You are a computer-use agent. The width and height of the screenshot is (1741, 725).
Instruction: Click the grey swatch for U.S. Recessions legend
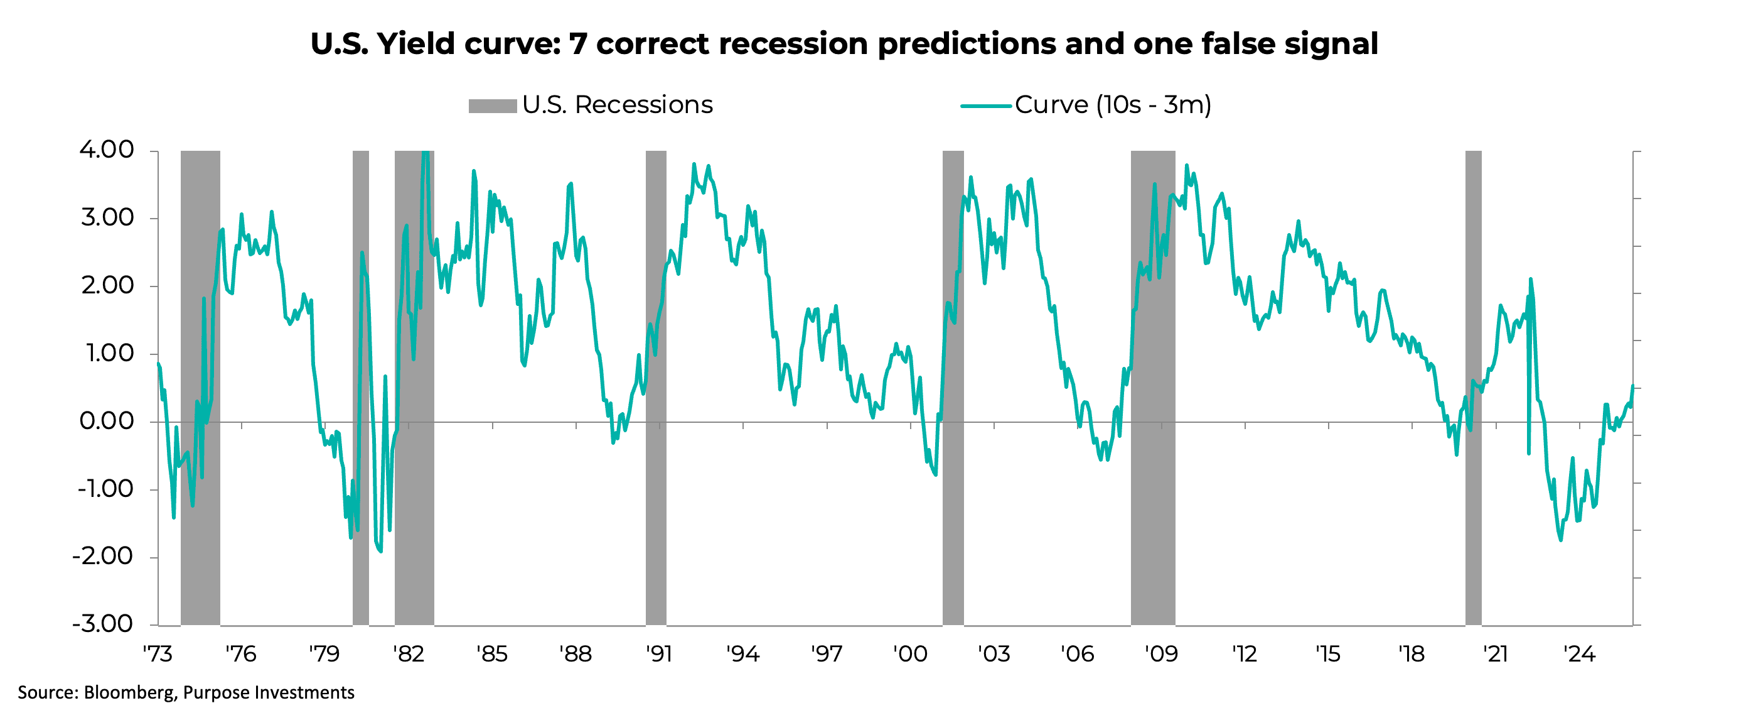(492, 106)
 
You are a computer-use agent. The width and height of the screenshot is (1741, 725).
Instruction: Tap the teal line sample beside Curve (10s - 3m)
(985, 106)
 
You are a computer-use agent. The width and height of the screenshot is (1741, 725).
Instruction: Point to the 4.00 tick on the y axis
(107, 150)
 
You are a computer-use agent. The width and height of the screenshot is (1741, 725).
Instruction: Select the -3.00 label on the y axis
(103, 624)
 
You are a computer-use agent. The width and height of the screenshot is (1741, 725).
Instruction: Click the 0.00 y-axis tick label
(107, 421)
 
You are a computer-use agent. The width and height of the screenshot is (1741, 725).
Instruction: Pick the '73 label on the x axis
(158, 654)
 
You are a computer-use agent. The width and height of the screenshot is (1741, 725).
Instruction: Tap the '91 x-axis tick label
(659, 654)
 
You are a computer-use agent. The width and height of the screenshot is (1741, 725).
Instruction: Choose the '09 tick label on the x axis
(1160, 654)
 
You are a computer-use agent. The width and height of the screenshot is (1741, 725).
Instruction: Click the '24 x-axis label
(1579, 654)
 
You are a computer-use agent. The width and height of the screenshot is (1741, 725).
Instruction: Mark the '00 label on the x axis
(909, 654)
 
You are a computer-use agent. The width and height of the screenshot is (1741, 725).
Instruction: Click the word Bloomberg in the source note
(129, 692)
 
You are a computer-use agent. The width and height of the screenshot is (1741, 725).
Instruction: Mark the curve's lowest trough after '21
(1560, 540)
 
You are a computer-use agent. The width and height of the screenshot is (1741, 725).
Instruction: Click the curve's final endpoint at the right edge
(1632, 386)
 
